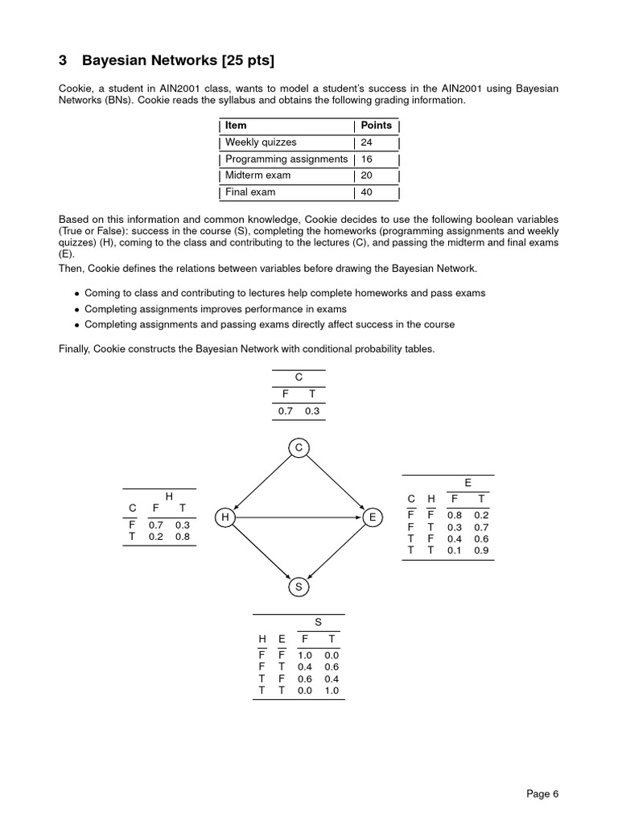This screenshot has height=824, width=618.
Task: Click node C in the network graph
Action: pos(299,447)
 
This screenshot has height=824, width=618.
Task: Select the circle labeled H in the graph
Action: pos(225,517)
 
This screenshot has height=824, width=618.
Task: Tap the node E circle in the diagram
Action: pos(372,517)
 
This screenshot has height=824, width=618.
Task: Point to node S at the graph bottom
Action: pos(299,587)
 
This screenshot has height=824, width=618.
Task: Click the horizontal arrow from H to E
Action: pos(299,517)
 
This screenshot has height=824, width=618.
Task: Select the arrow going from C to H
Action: pos(262,481)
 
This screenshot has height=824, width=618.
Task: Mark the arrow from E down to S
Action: pos(336,552)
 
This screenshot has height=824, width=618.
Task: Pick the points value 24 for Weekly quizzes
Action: pos(367,142)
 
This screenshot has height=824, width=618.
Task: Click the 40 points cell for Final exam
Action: pos(367,192)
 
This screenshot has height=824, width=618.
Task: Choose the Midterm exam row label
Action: pos(257,175)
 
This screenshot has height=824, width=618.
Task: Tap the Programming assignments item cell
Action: pos(286,159)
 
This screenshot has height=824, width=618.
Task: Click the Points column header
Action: pos(376,126)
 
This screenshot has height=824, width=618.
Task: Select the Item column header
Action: pos(236,126)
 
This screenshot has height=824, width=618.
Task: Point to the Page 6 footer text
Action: pos(542,794)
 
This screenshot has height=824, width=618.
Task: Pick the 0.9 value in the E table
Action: pos(481,550)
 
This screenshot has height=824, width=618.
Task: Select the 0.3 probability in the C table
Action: pos(312,411)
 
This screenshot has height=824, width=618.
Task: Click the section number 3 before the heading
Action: pos(63,61)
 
